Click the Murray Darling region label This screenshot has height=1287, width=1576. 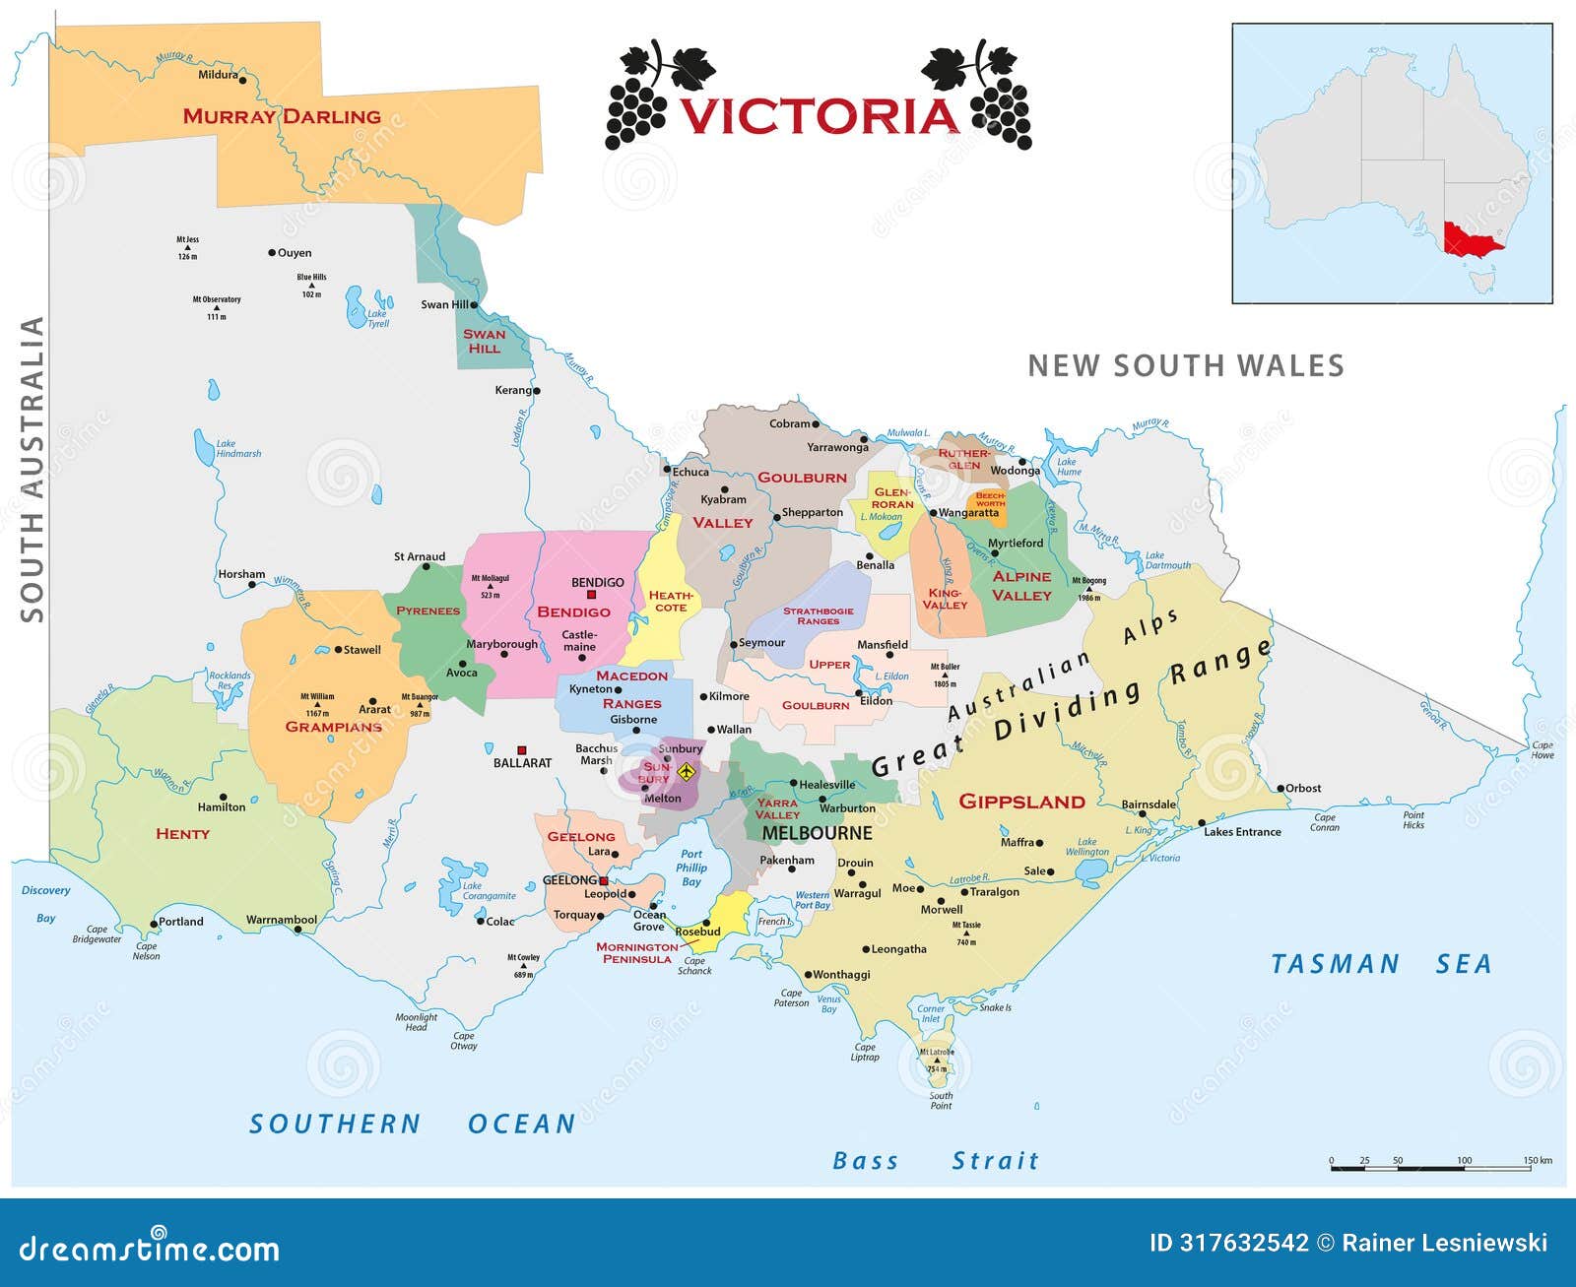pos(282,116)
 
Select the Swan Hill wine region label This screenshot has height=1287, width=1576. pos(484,341)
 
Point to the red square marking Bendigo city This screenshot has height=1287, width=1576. pos(592,595)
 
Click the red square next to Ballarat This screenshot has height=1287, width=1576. pos(522,750)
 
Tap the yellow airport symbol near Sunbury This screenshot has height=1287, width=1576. pos(687,771)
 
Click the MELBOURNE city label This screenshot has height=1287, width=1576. pos(817,833)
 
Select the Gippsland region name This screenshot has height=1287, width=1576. pos(1021,802)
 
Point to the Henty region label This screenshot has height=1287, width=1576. pos(182,834)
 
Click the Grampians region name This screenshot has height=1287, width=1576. pos(333,727)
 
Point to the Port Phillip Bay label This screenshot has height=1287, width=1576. pos(691,868)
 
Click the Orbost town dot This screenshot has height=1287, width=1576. pos(1280,789)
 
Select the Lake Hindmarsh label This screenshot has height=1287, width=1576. pos(237,449)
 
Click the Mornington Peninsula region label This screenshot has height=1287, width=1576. pos(636,952)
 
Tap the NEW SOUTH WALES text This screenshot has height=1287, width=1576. pos(1186,366)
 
